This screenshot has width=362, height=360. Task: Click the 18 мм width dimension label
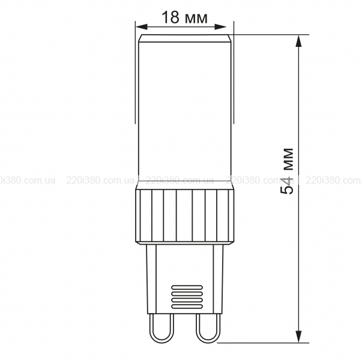(x=185, y=17)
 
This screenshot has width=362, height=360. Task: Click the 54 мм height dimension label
(x=286, y=171)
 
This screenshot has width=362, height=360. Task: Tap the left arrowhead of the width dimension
(x=142, y=27)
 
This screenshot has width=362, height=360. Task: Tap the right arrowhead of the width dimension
(x=220, y=27)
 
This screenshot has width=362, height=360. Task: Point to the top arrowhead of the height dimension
(x=299, y=41)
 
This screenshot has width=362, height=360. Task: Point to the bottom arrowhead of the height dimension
(x=299, y=337)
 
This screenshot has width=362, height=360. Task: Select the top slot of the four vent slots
(x=187, y=287)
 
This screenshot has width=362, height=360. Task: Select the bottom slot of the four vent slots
(x=187, y=307)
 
